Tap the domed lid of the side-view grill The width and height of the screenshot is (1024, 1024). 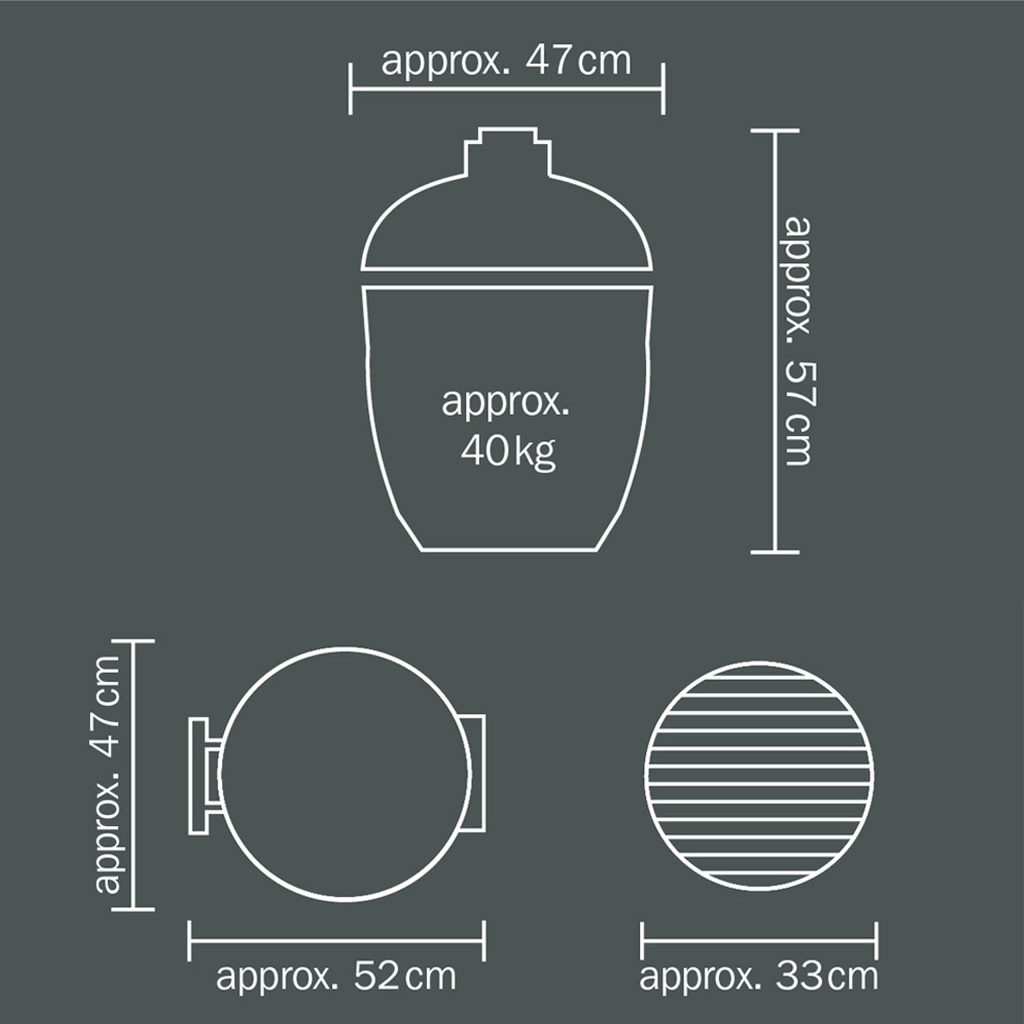tap(507, 222)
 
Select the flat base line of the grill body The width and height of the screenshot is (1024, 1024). tap(509, 550)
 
